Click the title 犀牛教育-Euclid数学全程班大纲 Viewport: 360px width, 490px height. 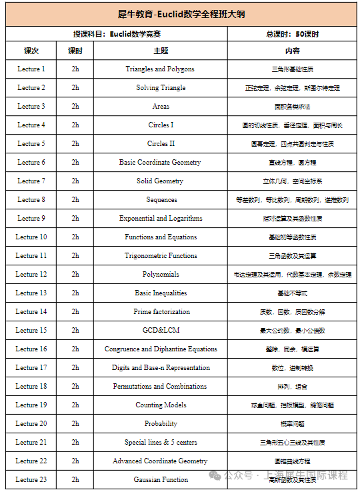tap(180, 14)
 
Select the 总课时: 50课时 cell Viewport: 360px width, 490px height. tap(292, 34)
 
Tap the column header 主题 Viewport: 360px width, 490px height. tap(160, 51)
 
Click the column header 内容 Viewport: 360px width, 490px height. tap(292, 51)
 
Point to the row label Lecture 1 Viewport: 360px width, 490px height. tap(31, 69)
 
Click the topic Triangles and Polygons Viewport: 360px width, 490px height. tap(160, 69)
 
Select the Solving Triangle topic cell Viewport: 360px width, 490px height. tap(161, 88)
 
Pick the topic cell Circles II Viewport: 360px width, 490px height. tap(161, 144)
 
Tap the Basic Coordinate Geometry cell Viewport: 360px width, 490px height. tap(160, 163)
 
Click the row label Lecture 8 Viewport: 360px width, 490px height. tap(31, 200)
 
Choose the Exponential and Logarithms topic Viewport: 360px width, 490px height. tap(161, 219)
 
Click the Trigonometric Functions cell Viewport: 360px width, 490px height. tap(161, 256)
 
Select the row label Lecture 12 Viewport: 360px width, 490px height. tap(31, 275)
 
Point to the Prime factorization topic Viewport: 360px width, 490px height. tap(161, 312)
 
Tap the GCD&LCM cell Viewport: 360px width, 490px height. tap(161, 331)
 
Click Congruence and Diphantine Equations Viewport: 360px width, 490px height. tap(161, 349)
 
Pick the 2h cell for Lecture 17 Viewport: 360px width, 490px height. tap(75, 368)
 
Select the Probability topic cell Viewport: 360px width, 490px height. tap(161, 424)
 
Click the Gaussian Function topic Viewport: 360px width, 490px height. tap(161, 480)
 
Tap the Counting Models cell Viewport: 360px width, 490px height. tap(161, 405)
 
